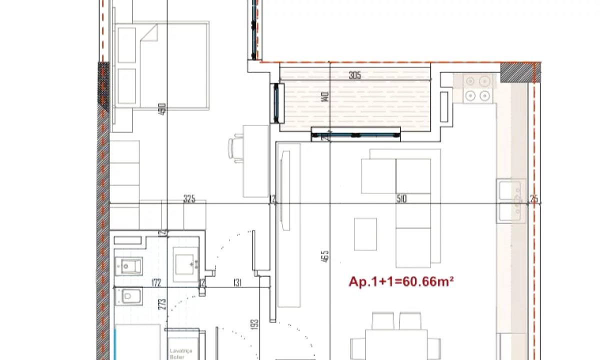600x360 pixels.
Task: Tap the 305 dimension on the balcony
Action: click(354, 76)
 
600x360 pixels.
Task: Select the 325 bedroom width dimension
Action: click(189, 199)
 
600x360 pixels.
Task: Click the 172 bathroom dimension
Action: click(156, 283)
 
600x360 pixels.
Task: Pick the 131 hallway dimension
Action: click(237, 283)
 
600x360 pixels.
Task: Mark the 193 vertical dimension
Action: click(254, 325)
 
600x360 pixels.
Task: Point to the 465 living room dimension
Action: click(326, 256)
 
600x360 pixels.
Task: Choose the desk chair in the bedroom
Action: click(235, 148)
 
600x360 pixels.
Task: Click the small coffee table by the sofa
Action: click(365, 234)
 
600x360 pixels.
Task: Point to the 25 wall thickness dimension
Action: click(534, 199)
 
